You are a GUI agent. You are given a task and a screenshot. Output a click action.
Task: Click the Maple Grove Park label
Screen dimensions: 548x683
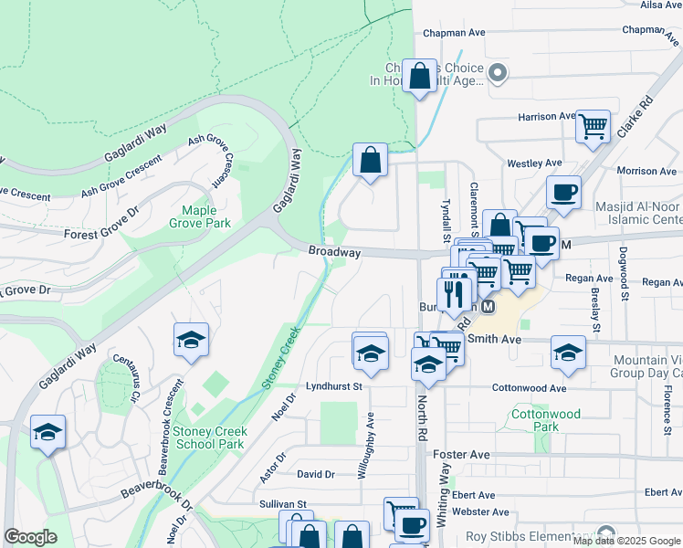tap(199, 216)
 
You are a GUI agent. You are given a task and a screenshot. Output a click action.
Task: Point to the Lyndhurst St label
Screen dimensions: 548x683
tap(334, 386)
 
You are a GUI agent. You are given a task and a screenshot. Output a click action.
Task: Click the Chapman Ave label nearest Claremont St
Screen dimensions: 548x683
tap(454, 33)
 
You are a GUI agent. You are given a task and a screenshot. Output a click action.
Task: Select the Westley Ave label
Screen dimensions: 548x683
tap(534, 163)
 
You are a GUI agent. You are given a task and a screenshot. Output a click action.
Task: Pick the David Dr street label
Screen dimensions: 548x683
tap(316, 474)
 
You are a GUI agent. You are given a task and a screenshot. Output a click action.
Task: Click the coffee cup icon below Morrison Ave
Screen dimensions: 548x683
tap(563, 193)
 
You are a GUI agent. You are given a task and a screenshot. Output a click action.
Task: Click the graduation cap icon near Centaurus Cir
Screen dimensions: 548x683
tap(192, 340)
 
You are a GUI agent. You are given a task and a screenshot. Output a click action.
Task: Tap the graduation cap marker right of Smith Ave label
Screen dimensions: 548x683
tap(567, 353)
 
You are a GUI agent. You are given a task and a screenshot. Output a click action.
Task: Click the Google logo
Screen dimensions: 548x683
tap(31, 537)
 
